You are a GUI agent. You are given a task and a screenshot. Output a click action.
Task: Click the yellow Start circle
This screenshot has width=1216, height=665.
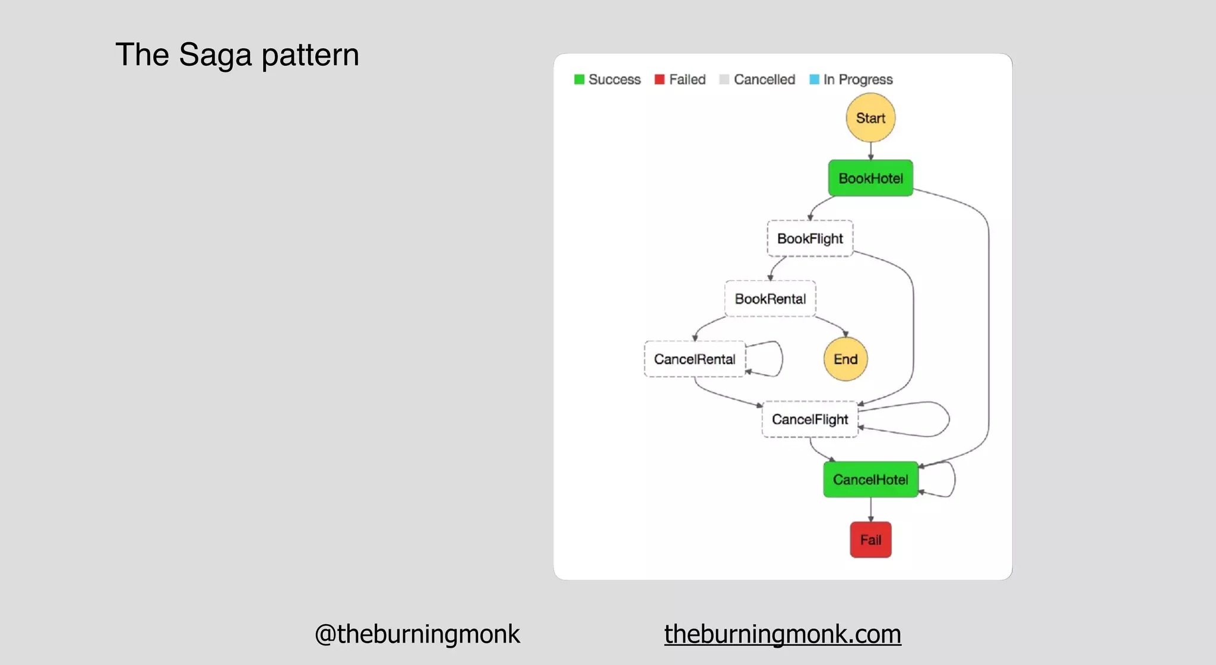click(x=870, y=118)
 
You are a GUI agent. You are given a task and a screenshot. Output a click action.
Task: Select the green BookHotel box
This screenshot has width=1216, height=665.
click(x=870, y=178)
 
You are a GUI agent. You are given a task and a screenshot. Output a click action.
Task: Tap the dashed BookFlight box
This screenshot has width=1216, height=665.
click(x=810, y=239)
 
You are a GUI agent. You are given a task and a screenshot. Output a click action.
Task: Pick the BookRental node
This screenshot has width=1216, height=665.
click(x=770, y=299)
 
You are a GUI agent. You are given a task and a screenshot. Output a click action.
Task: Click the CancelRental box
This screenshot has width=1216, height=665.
click(x=694, y=359)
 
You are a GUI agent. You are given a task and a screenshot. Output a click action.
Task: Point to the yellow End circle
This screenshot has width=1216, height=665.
click(x=845, y=359)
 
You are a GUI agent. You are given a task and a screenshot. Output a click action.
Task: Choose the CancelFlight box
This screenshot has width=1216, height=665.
click(x=810, y=420)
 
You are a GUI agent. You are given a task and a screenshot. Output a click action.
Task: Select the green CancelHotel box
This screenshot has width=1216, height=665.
click(x=870, y=480)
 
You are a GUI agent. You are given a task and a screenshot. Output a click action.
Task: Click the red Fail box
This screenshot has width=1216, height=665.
click(x=870, y=540)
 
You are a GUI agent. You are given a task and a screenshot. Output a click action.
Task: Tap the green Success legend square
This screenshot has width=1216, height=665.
click(x=579, y=80)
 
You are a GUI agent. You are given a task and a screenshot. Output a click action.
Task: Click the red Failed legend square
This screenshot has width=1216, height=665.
click(x=660, y=80)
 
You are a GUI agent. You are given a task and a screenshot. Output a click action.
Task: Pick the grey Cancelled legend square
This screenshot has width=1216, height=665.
click(x=724, y=80)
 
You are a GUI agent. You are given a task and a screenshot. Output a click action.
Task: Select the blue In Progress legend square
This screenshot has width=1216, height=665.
click(x=815, y=80)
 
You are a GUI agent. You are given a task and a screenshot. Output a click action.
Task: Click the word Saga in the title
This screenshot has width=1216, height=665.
click(x=215, y=55)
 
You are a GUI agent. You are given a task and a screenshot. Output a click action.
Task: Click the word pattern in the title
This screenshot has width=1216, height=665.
click(x=310, y=55)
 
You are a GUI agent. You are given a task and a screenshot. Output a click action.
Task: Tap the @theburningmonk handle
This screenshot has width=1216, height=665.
click(x=417, y=634)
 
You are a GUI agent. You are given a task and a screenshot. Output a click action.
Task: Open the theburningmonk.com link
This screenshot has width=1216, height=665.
click(x=783, y=634)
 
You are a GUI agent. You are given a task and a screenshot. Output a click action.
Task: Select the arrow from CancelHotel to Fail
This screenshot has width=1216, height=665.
click(x=871, y=509)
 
